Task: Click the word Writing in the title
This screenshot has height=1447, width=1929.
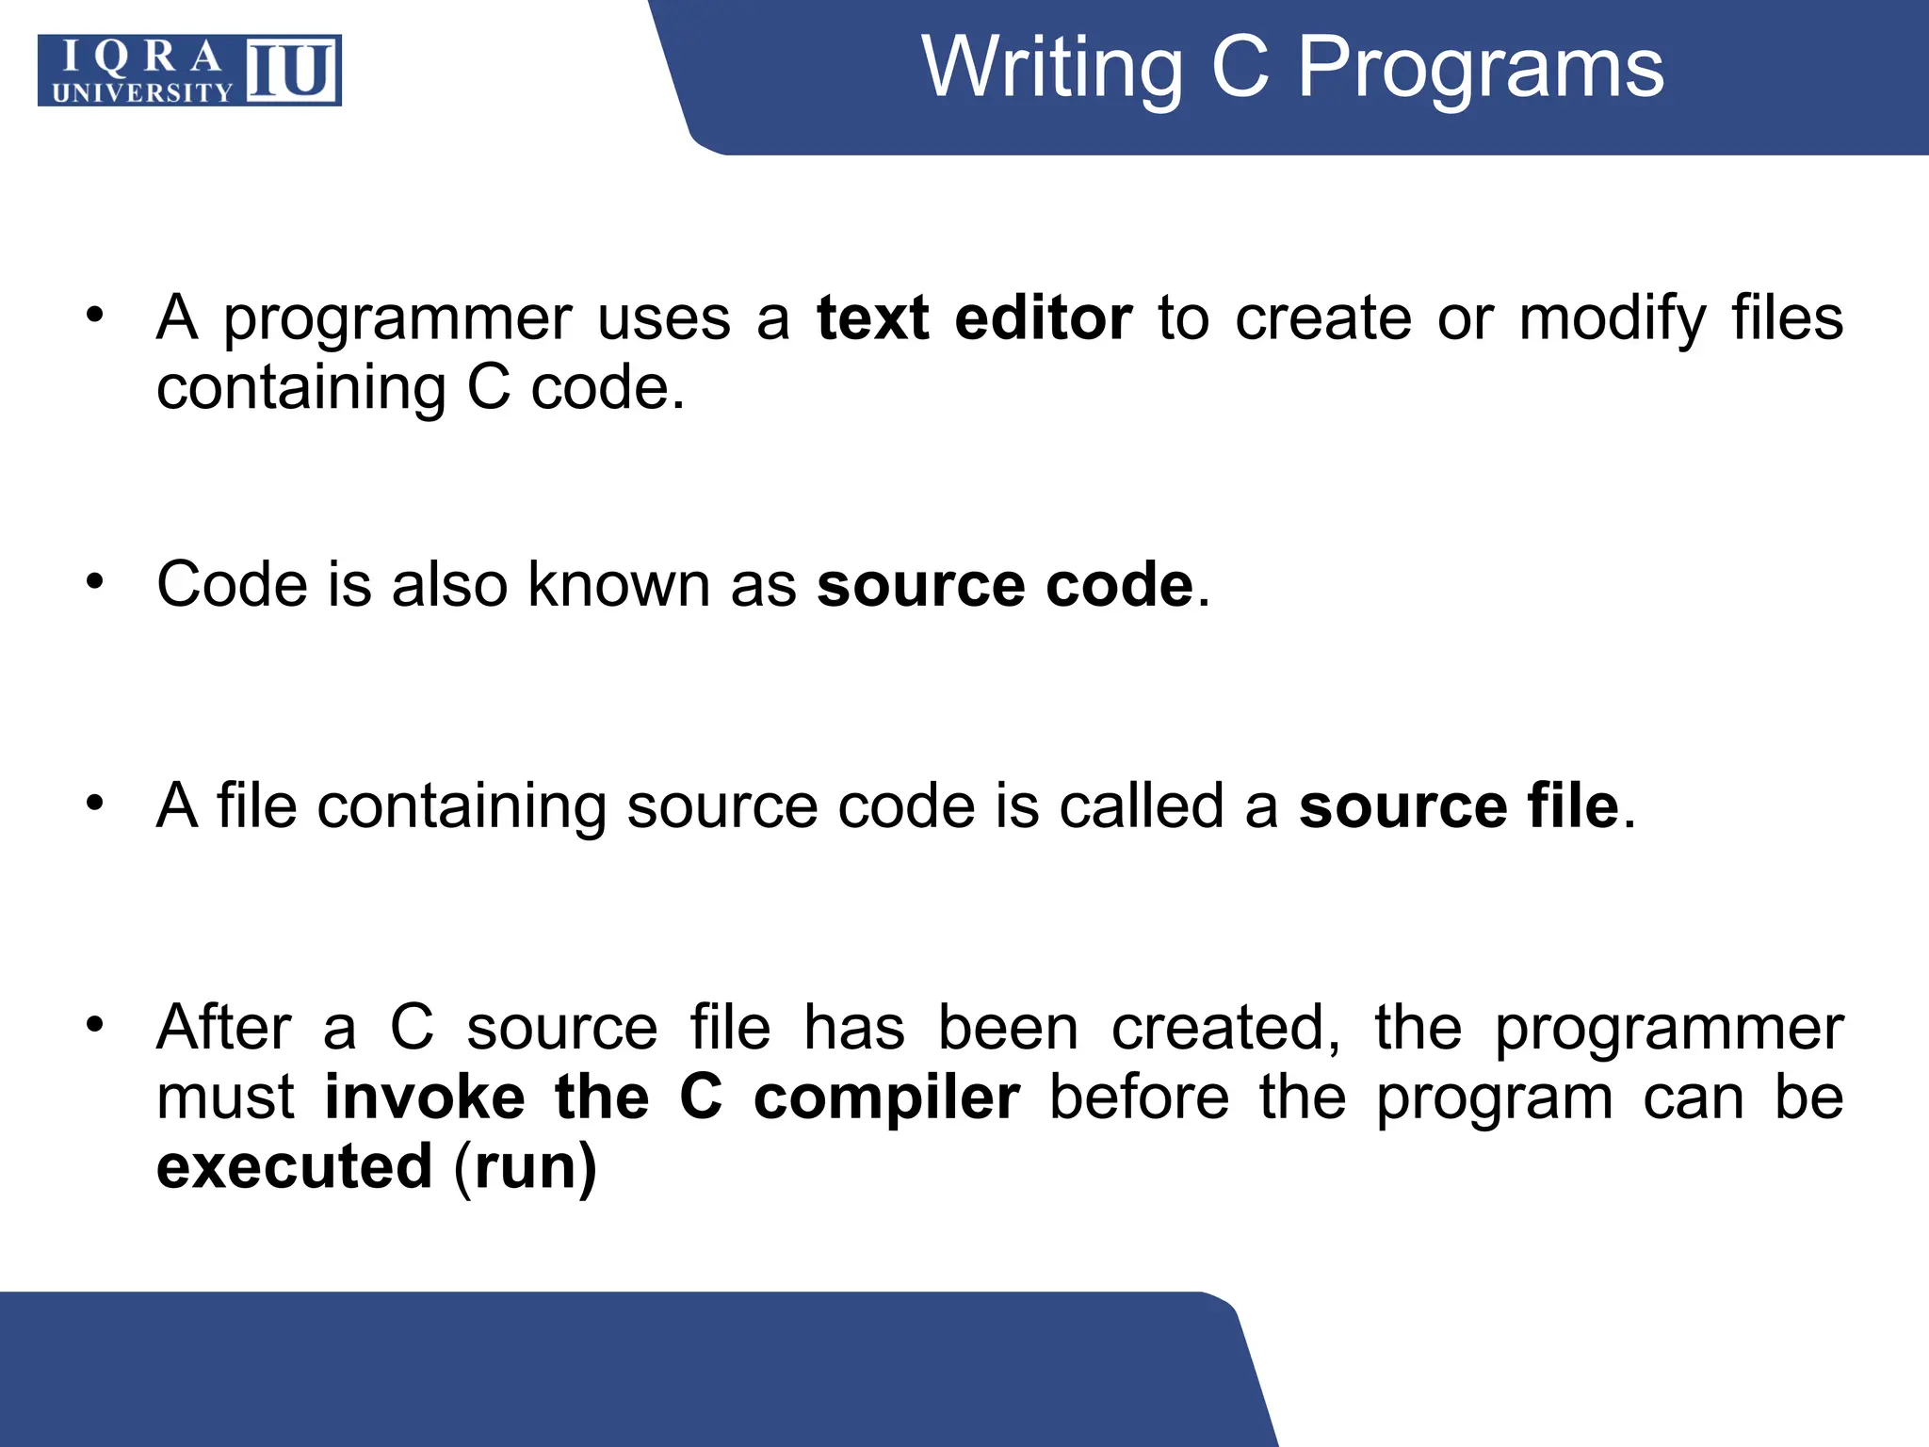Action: (1051, 68)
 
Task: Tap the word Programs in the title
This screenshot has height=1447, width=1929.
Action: (1481, 68)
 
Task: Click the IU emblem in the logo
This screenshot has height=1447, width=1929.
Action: (292, 70)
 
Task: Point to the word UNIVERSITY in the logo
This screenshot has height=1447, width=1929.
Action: (142, 92)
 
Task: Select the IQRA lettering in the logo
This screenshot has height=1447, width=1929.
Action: (141, 57)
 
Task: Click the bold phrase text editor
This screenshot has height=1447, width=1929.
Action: (974, 318)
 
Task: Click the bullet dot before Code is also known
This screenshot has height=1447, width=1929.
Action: (94, 580)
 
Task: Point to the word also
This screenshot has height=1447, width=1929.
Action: (450, 584)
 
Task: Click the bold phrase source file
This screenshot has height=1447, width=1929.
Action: (1458, 806)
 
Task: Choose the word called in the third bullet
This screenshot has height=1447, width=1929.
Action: (1142, 806)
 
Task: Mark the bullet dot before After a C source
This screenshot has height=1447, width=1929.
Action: (94, 1023)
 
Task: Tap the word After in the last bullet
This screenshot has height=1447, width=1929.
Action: (224, 1027)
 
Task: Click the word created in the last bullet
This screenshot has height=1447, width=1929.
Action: (1224, 1027)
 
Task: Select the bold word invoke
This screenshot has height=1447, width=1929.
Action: (425, 1097)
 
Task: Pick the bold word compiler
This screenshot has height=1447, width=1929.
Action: (886, 1098)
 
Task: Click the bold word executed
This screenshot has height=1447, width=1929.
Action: (294, 1166)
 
